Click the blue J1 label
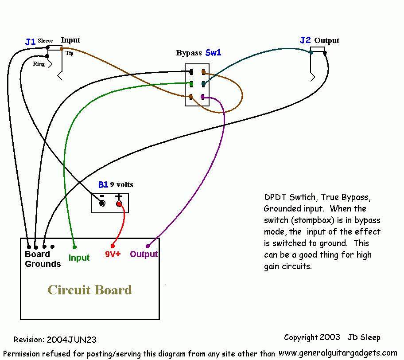pyautogui.click(x=30, y=42)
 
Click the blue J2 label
pyautogui.click(x=305, y=40)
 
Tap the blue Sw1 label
pyautogui.click(x=213, y=53)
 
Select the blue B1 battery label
pyautogui.click(x=103, y=184)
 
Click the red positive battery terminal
pyautogui.click(x=119, y=204)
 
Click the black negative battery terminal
pyautogui.click(x=102, y=203)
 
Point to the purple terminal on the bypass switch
pyautogui.click(x=203, y=97)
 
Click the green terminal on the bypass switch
pyautogui.click(x=191, y=84)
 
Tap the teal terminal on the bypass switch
pyautogui.click(x=203, y=84)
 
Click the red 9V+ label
pyautogui.click(x=113, y=254)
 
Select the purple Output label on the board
pyautogui.click(x=144, y=254)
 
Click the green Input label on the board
pyautogui.click(x=79, y=258)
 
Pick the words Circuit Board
pyautogui.click(x=89, y=290)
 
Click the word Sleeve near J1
pyautogui.click(x=45, y=41)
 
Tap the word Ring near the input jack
pyautogui.click(x=39, y=64)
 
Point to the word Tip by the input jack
pyautogui.click(x=69, y=53)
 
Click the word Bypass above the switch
pyautogui.click(x=189, y=53)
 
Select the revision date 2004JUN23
pyautogui.click(x=72, y=340)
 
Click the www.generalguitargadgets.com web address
pyautogui.click(x=338, y=353)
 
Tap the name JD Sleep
pyautogui.click(x=364, y=337)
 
